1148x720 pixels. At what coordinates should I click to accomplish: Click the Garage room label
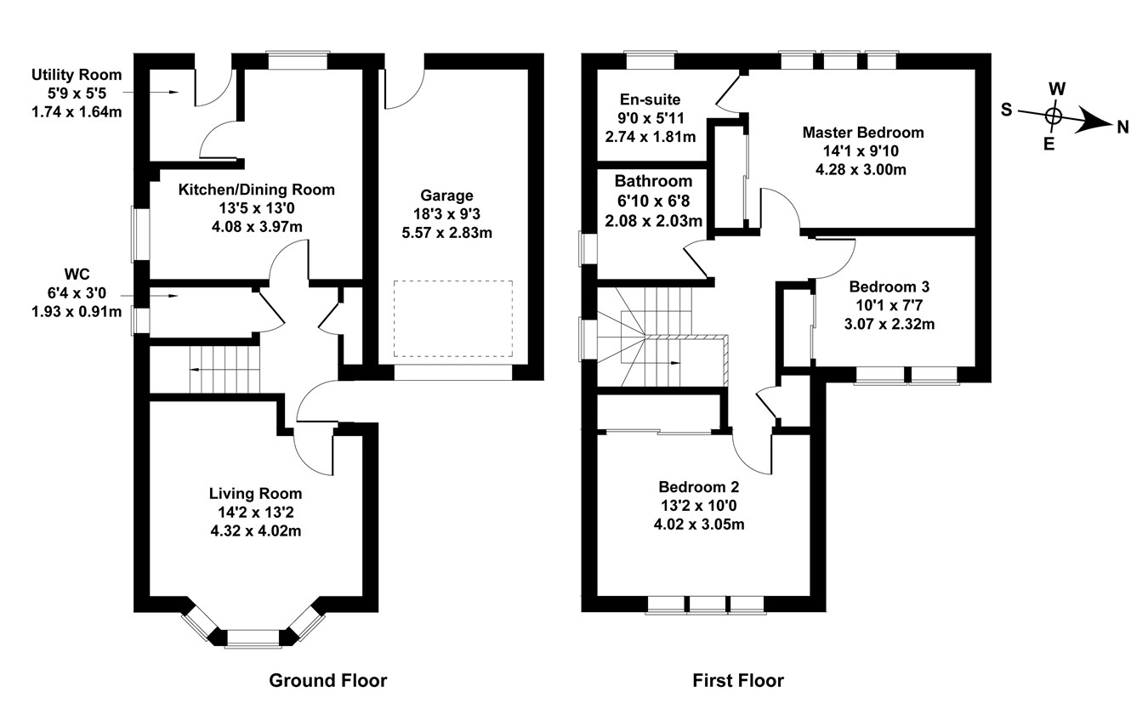[x=446, y=196]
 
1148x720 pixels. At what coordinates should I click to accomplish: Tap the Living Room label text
[x=255, y=494]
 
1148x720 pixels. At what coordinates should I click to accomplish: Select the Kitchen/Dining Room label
[x=256, y=190]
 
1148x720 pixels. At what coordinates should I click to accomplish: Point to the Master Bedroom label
[x=863, y=133]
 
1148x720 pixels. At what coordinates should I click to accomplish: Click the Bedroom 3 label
[x=889, y=286]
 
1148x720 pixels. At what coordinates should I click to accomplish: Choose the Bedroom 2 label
[x=699, y=486]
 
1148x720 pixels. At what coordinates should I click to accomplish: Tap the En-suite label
[x=650, y=99]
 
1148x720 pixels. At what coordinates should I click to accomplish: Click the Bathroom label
[x=653, y=181]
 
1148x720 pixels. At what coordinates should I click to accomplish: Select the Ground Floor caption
[x=328, y=681]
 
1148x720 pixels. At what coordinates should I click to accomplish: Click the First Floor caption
[x=738, y=681]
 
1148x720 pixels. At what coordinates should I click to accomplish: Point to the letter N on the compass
[x=1122, y=128]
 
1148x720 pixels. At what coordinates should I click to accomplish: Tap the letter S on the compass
[x=1007, y=110]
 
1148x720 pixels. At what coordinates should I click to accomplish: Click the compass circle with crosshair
[x=1054, y=116]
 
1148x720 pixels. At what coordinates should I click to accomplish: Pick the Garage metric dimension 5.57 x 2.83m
[x=447, y=233]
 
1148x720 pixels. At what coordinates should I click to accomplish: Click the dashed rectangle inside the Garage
[x=453, y=319]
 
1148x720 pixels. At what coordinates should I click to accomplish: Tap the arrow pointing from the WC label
[x=150, y=296]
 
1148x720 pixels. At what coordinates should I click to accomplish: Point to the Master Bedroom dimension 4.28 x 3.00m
[x=861, y=170]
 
